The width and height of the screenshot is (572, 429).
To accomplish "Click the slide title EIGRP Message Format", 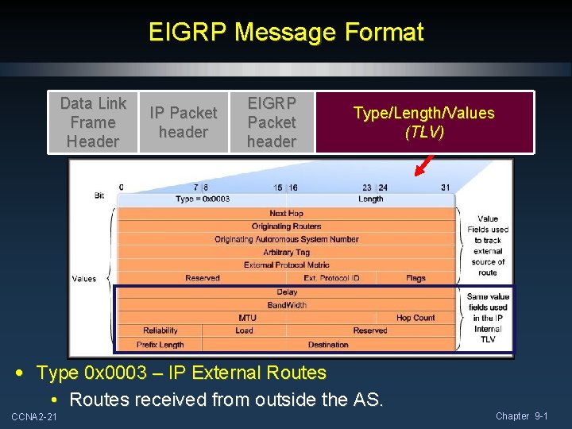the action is tap(286, 33).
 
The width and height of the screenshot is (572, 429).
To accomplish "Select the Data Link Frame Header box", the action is tap(94, 122).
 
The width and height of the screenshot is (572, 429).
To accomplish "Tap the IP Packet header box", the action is tap(184, 122).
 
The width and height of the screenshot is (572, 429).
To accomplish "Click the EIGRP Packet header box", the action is tap(272, 122).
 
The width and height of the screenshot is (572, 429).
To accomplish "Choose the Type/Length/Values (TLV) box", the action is tap(424, 122).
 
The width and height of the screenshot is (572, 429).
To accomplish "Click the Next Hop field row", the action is tap(286, 213).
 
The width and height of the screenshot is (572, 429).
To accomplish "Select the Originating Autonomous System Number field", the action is tap(286, 239).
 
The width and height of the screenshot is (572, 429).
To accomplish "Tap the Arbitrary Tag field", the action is tap(286, 252).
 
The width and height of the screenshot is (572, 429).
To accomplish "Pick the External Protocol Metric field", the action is tap(286, 265).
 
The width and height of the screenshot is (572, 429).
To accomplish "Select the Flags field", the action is tap(415, 278).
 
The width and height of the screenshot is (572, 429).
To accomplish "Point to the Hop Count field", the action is tap(415, 318).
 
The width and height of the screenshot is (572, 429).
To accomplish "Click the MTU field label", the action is tap(247, 318).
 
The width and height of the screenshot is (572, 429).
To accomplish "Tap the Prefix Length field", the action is tap(160, 345).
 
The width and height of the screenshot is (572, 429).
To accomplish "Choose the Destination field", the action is tap(328, 345).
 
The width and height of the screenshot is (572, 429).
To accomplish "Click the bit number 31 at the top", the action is tap(446, 187).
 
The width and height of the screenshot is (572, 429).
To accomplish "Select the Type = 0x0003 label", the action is tap(203, 199).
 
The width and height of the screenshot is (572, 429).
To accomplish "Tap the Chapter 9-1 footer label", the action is tap(521, 416).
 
